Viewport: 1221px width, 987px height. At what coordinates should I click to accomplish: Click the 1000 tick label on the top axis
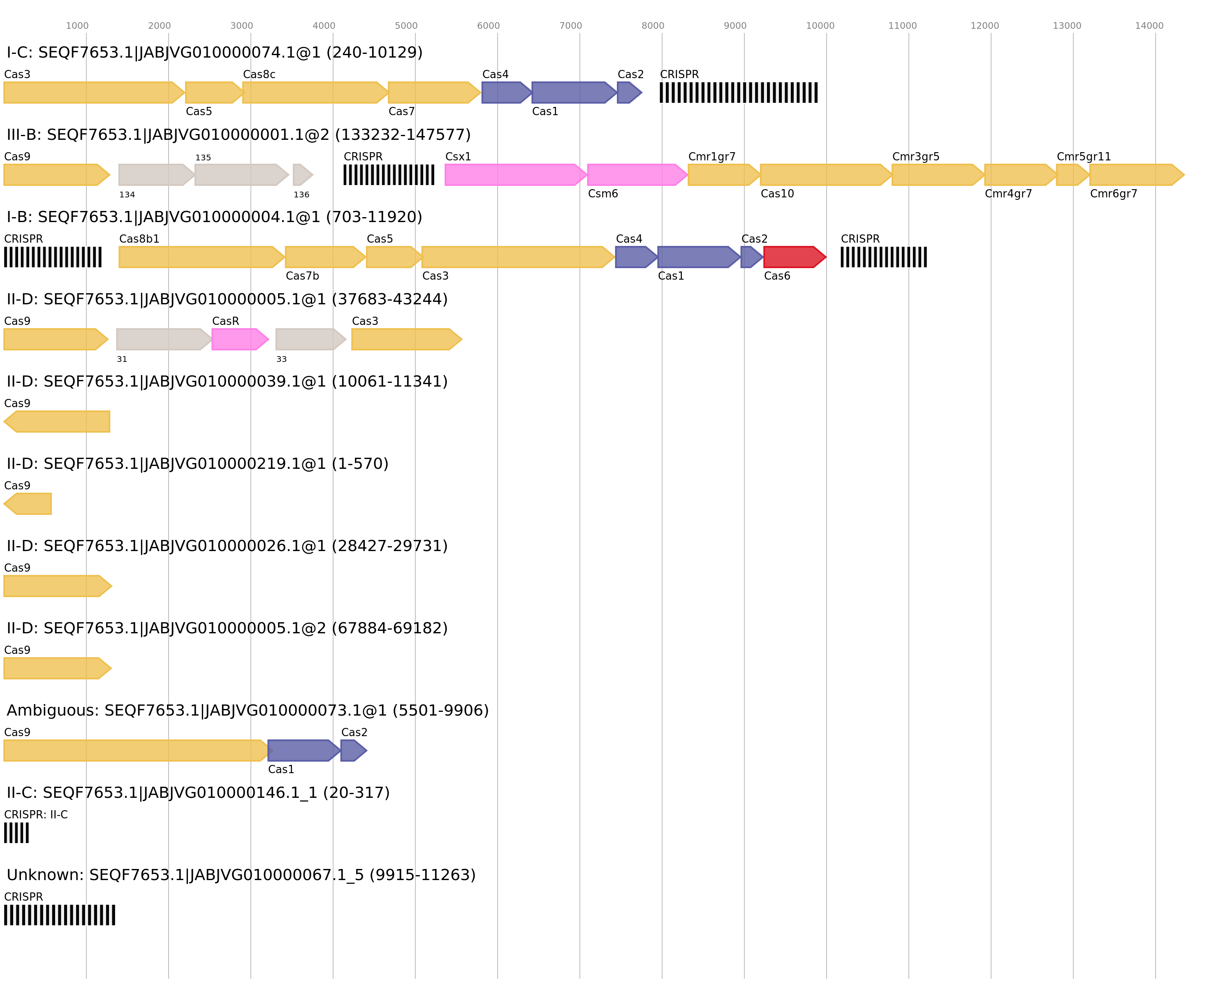coord(77,25)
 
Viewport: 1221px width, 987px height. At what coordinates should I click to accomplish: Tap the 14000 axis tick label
coord(1149,25)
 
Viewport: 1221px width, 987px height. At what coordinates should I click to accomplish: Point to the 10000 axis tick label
coord(820,25)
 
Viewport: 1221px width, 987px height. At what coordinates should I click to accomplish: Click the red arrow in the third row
coord(794,257)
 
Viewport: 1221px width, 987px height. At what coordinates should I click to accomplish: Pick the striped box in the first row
coord(738,93)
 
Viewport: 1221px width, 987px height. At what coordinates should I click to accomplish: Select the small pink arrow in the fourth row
coord(239,339)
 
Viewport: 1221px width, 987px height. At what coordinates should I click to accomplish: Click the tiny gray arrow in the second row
coord(302,174)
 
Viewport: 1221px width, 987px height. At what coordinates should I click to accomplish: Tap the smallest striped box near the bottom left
coord(16,833)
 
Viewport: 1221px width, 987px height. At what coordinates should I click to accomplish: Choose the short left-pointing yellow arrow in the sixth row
coord(28,504)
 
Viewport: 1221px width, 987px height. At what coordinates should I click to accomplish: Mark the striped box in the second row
coord(388,174)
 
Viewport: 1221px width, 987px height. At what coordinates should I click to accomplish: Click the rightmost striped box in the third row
coord(883,257)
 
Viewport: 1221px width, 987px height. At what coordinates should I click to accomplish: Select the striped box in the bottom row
coord(59,915)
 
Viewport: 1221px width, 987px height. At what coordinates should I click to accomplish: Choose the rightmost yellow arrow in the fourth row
coord(406,339)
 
